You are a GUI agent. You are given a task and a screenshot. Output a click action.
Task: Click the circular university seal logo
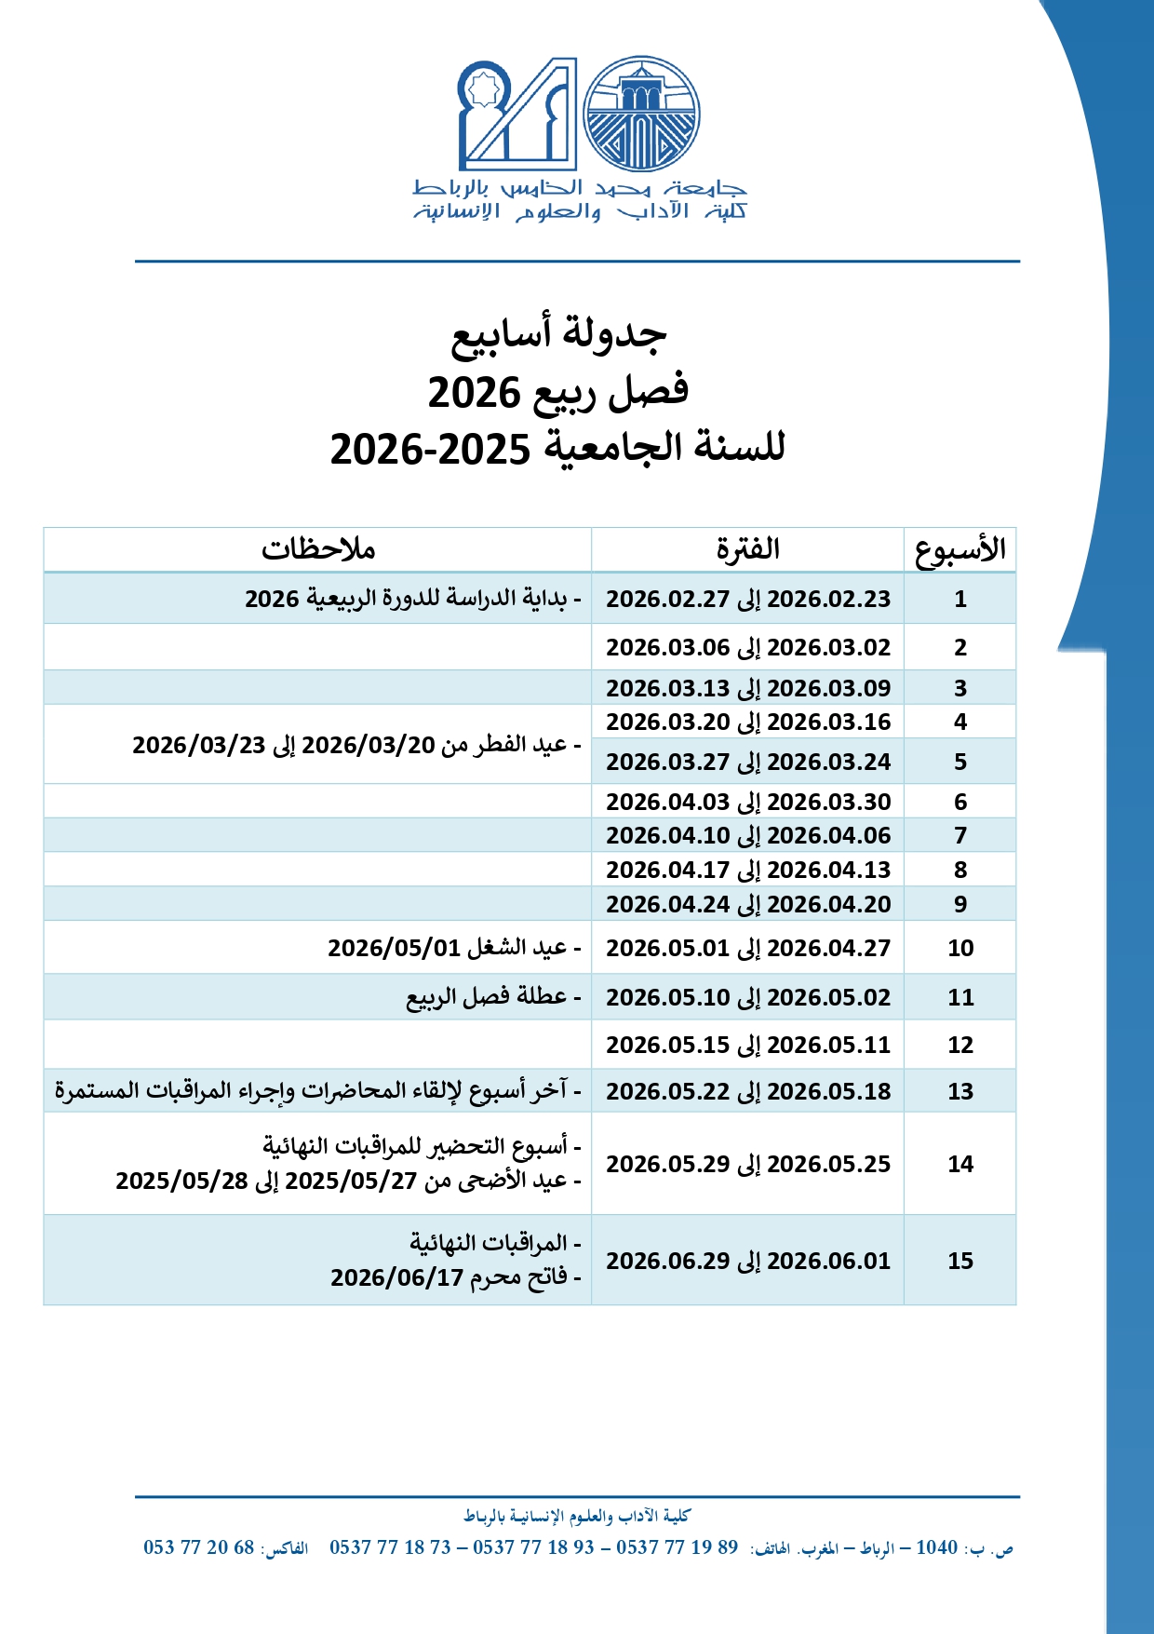click(641, 114)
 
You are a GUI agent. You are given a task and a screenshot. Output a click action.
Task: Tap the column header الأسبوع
click(960, 549)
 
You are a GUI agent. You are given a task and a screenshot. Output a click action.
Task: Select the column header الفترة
click(747, 549)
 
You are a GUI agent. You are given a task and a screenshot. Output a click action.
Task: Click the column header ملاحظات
click(317, 549)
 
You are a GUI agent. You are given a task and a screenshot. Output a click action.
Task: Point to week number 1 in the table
click(960, 599)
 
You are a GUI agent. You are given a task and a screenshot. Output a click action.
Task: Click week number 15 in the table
click(960, 1261)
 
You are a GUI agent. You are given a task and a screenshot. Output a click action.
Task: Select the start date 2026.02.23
click(829, 599)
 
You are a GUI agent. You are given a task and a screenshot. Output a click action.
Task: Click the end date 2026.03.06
click(668, 647)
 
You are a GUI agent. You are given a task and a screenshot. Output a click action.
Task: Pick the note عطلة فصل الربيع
click(493, 997)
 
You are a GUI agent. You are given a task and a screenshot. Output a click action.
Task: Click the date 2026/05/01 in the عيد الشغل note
click(394, 948)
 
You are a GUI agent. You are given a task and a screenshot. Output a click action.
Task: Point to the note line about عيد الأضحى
click(348, 1181)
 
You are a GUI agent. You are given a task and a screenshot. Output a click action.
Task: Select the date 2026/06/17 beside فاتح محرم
click(397, 1277)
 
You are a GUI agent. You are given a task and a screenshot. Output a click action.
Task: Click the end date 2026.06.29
click(668, 1261)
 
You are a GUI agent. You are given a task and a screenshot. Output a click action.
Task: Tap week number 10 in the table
click(960, 948)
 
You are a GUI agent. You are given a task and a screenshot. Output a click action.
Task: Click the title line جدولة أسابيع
click(558, 333)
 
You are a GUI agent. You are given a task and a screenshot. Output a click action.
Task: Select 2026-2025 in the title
click(430, 449)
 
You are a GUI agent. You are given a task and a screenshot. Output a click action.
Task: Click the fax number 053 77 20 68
click(198, 1547)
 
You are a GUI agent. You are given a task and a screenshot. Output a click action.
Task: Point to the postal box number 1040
click(936, 1547)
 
